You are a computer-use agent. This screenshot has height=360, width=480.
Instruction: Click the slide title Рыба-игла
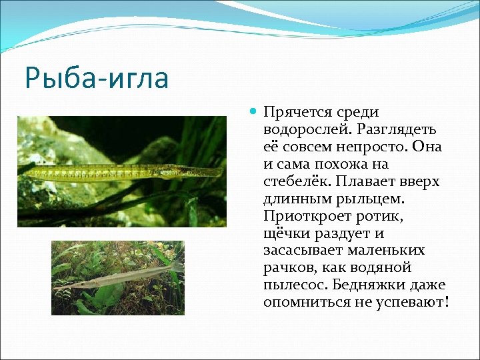click(97, 77)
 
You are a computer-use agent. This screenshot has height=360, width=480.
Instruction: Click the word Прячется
click(297, 112)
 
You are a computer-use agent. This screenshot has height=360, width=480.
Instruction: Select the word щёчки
click(285, 233)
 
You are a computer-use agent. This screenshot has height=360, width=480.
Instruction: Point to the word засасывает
click(304, 251)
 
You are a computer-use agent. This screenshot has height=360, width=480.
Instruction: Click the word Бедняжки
click(376, 285)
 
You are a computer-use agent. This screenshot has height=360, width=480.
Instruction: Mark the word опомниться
click(304, 303)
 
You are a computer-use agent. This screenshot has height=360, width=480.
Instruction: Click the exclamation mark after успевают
click(447, 303)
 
